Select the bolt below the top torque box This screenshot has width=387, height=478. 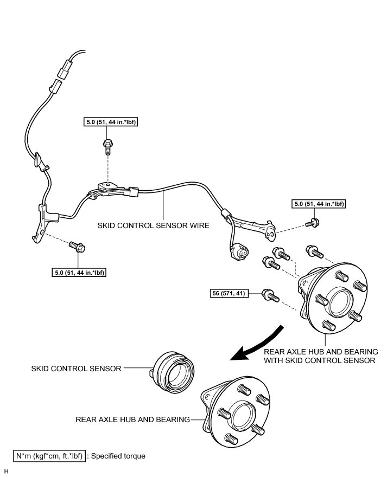pos(107,145)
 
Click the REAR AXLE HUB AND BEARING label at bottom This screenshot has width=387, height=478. pos(133,419)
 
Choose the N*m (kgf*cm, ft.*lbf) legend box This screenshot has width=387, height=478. pos(49,456)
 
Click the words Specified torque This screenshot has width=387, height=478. pos(119,456)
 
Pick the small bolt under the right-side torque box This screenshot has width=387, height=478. pos(313,221)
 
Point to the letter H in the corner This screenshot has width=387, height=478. pos(6,471)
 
